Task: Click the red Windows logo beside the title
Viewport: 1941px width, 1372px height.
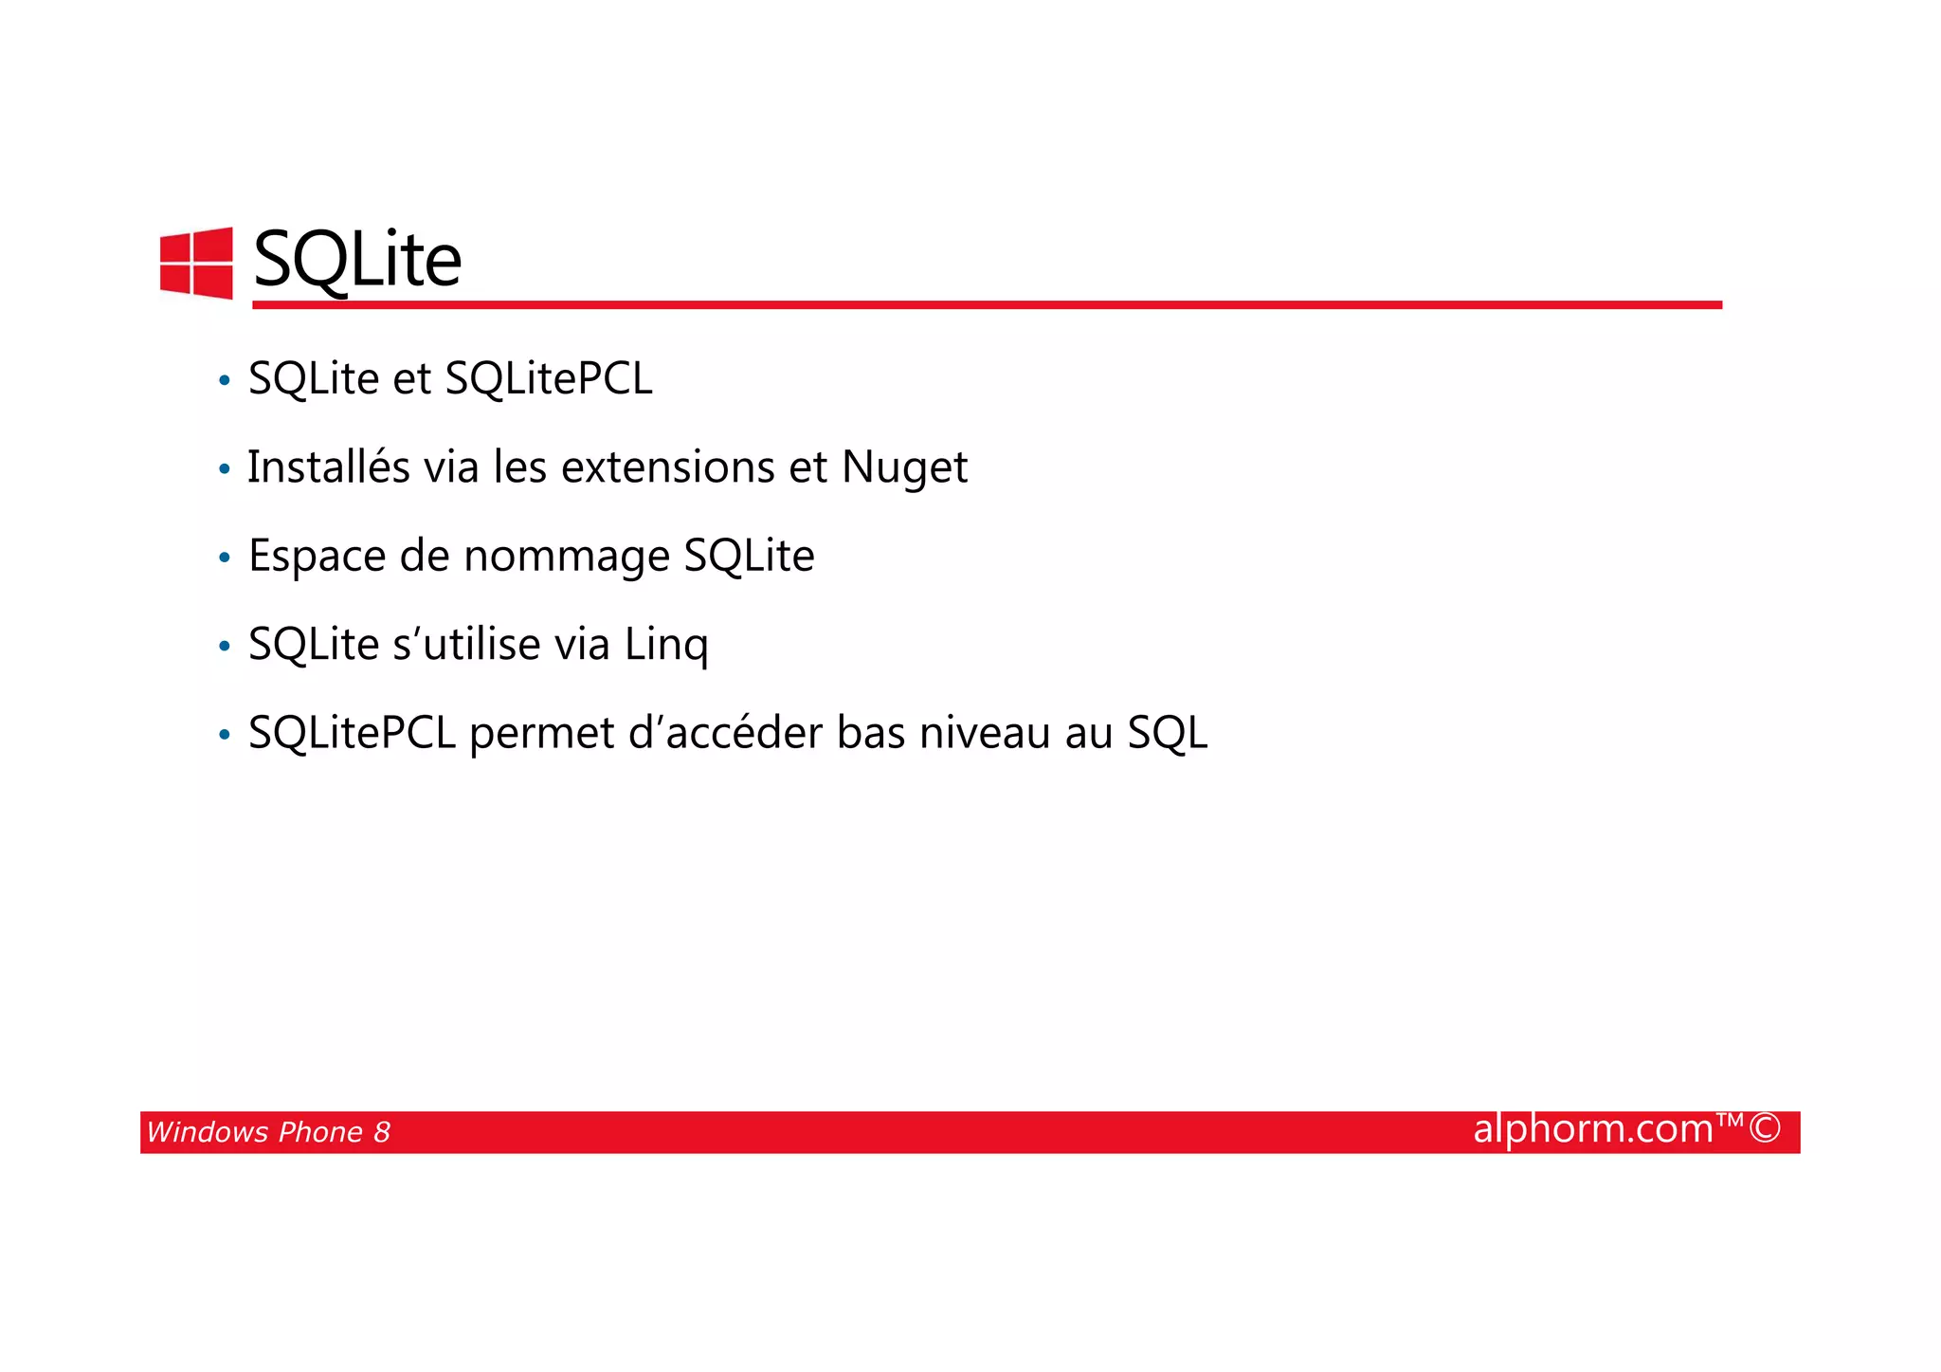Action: click(x=196, y=263)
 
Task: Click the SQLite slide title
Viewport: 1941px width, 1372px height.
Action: click(x=357, y=260)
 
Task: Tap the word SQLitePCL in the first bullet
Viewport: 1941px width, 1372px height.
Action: click(x=549, y=378)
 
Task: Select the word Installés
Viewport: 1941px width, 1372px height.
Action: click(x=329, y=466)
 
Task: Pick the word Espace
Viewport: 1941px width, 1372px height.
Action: click(x=317, y=556)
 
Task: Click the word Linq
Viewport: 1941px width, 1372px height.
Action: click(x=666, y=645)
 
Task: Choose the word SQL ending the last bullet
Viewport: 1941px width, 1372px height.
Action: click(x=1168, y=734)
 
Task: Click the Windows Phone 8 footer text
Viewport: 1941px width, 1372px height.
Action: click(x=268, y=1132)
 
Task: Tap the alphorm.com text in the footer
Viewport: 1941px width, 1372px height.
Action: click(x=1593, y=1129)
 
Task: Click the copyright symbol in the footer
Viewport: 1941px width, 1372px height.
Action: click(x=1765, y=1129)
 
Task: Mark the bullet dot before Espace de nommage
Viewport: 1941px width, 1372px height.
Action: click(x=225, y=558)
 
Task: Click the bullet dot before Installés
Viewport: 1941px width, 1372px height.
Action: click(x=225, y=469)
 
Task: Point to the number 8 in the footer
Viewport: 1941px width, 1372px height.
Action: click(x=381, y=1132)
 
